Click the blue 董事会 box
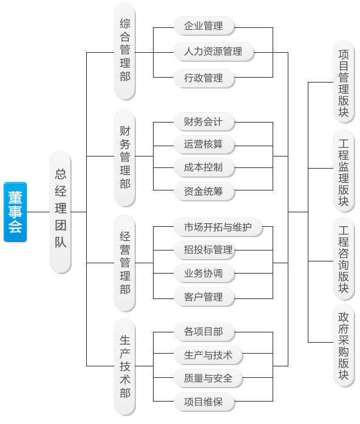pos(15,212)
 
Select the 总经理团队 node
pos(61,212)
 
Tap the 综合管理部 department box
pos(125,52)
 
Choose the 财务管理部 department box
pos(125,158)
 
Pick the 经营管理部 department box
pos(125,263)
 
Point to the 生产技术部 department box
pos(125,367)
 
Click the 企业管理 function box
pos(204,26)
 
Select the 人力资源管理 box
pos(214,52)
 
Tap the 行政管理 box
pos(204,78)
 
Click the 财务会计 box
pos(204,122)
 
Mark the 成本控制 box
pos(204,168)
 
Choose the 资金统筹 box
pos(204,192)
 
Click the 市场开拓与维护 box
pos(218,227)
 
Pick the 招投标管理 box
pos(204,250)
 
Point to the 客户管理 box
pos(204,297)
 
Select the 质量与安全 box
pos(208,379)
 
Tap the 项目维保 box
pos(204,402)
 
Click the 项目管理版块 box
pos(344,82)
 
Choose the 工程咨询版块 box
pos(344,259)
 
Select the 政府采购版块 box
pos(344,346)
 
